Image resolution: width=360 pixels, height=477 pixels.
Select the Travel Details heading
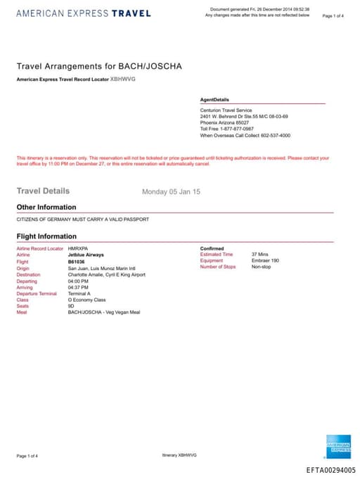tap(43, 191)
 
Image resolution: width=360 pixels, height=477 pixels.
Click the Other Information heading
tap(46, 208)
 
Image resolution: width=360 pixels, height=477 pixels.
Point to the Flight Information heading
tap(46, 236)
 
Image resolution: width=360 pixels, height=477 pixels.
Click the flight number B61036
tap(76, 261)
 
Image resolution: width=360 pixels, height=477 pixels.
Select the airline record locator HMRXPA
tap(77, 248)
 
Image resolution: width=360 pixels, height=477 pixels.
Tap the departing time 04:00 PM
tap(78, 281)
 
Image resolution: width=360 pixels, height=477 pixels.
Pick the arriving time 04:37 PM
tap(78, 287)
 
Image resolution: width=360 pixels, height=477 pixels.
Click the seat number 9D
tap(71, 306)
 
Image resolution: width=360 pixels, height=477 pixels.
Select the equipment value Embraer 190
tap(265, 261)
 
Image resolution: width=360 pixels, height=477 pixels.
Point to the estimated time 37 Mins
tap(259, 254)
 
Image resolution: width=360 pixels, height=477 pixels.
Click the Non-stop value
tap(261, 267)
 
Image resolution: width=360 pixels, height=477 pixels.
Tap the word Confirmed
tap(212, 248)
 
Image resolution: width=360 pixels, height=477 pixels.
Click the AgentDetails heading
tap(214, 100)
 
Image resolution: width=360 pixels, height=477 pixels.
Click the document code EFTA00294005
tap(331, 470)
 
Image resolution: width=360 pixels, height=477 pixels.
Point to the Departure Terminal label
tap(37, 293)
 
